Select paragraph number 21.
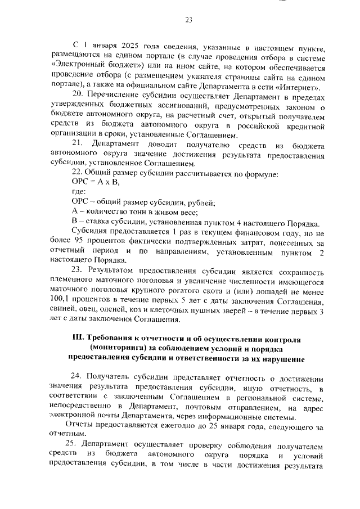click(78, 145)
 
